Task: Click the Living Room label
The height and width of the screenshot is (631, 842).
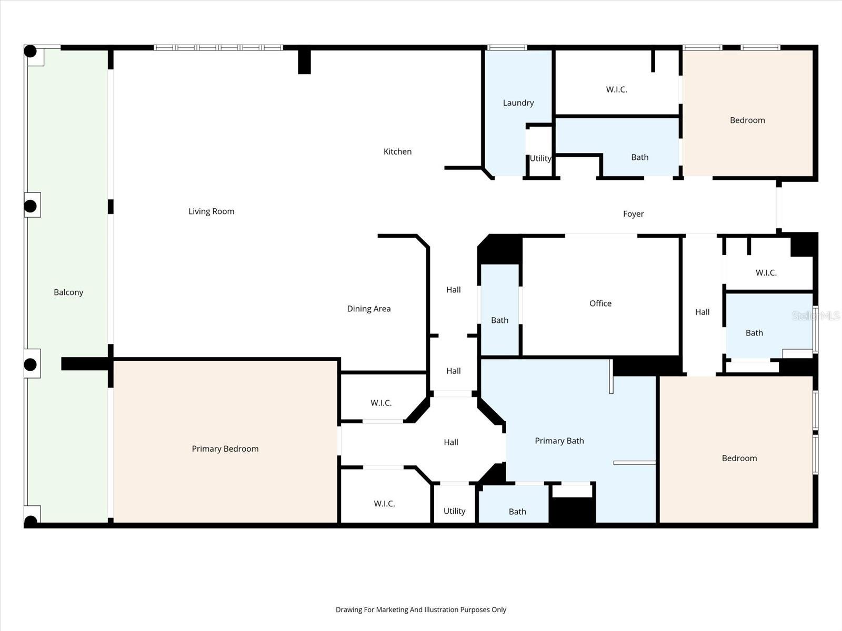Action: [x=211, y=211]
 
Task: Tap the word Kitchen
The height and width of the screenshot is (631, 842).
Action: [x=397, y=151]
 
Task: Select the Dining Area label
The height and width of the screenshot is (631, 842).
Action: [x=368, y=309]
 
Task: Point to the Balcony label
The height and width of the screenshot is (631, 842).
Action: [x=68, y=292]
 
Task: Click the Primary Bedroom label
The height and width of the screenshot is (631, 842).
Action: [x=225, y=449]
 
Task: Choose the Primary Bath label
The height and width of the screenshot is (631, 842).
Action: [x=559, y=441]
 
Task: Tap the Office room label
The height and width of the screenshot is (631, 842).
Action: [x=600, y=303]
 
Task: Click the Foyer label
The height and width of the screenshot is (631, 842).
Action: [x=633, y=214]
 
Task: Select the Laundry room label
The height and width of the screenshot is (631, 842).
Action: [x=518, y=103]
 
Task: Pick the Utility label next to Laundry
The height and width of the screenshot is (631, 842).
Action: [x=540, y=158]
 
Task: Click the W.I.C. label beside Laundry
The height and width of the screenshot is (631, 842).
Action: [x=616, y=89]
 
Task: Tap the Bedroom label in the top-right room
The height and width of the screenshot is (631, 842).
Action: [x=747, y=120]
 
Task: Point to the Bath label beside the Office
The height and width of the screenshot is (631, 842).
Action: [x=499, y=320]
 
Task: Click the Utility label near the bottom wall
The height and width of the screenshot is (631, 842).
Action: [x=454, y=511]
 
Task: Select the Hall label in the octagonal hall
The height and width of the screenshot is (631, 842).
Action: [x=450, y=442]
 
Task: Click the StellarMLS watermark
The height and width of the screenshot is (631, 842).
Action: [x=816, y=315]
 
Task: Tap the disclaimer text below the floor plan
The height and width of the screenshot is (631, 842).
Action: [x=420, y=610]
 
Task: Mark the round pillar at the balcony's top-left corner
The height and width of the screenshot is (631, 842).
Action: [x=31, y=52]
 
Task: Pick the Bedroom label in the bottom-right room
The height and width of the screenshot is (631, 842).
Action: [x=739, y=459]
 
